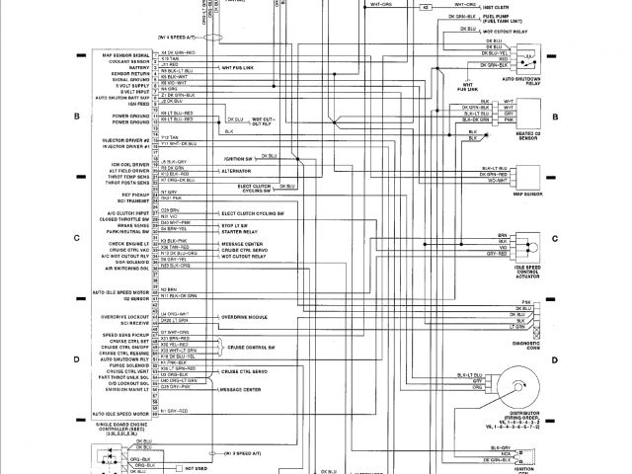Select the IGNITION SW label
click(237, 157)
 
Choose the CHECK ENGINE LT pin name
click(123, 242)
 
